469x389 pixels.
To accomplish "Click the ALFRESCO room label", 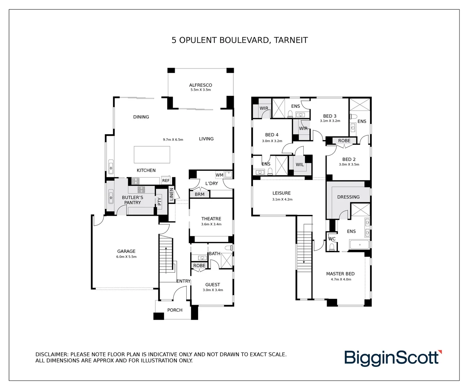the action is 201,85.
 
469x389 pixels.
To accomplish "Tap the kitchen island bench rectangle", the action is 152,155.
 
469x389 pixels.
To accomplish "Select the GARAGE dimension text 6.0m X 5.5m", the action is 126,257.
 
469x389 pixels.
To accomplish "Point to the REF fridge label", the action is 166,180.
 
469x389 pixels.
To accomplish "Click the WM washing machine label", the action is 219,175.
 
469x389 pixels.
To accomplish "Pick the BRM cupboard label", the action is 200,194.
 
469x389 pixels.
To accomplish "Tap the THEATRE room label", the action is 211,219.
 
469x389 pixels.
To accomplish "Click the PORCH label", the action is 175,310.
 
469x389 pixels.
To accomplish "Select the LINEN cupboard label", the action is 171,194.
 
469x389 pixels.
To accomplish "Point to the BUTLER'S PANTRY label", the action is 133,200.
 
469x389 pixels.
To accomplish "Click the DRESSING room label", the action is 348,197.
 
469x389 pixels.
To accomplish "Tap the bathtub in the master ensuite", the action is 359,244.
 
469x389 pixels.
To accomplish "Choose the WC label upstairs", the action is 332,239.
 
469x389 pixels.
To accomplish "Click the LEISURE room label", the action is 281,193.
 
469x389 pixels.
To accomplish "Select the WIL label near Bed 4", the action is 300,165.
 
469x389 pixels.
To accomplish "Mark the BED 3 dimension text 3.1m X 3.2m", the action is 330,121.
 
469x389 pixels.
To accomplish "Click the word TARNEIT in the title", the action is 291,40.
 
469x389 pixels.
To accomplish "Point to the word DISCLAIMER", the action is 52,354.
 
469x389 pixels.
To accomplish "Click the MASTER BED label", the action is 340,274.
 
